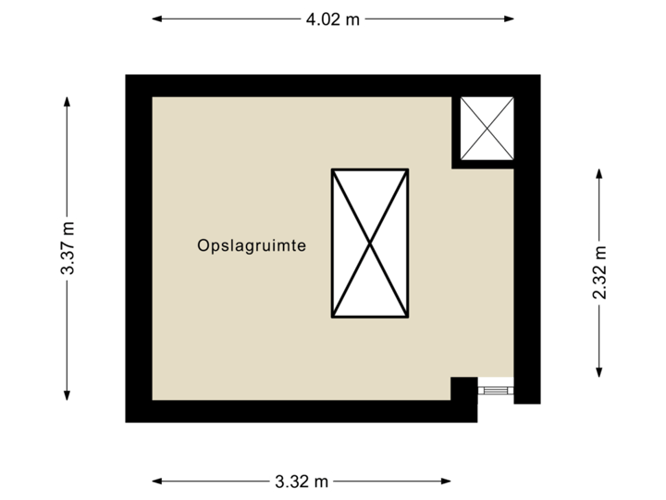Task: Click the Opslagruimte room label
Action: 252,246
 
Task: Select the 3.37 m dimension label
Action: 68,247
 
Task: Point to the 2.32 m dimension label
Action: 599,273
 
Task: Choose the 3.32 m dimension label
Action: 302,481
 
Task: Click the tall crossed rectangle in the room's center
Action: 370,244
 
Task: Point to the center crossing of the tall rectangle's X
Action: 370,244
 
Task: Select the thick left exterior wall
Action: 139,248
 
